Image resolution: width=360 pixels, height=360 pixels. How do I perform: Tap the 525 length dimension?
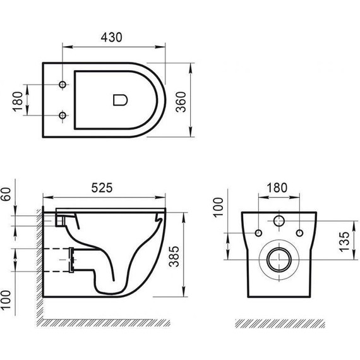point(105,187)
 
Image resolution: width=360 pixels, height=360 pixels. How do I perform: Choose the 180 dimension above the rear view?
point(276,187)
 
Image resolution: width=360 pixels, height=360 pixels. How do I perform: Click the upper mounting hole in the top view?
point(62,85)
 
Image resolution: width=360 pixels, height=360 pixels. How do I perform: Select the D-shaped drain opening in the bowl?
point(119,99)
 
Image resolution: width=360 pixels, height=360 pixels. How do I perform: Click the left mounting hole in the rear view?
point(259,233)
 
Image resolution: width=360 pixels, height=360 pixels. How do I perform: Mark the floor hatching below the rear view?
point(277,322)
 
